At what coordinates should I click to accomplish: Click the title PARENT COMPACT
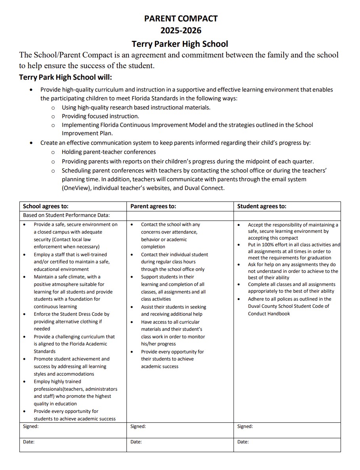click(180, 18)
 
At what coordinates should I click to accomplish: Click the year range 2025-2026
click(180, 31)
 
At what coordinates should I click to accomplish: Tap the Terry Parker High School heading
click(180, 43)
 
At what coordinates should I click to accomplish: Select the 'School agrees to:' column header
click(46, 206)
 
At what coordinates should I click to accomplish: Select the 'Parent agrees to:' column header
click(153, 206)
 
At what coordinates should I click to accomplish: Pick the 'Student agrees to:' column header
click(261, 206)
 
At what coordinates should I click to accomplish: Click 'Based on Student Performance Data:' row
click(66, 215)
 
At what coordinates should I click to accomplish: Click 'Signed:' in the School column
click(31, 426)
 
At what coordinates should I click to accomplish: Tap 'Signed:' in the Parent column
click(138, 426)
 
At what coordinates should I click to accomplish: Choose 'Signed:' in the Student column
click(245, 426)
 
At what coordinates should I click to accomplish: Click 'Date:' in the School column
click(29, 442)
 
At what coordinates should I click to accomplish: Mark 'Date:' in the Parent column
click(136, 442)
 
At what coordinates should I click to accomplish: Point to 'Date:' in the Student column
click(243, 442)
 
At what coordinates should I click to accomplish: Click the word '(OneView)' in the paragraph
click(76, 188)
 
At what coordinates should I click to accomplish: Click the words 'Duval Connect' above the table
click(204, 188)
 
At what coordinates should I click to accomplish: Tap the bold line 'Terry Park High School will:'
click(68, 77)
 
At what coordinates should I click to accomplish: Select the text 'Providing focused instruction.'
click(100, 116)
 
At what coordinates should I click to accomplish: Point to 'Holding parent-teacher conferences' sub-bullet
click(109, 152)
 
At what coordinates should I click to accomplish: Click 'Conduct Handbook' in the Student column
click(269, 314)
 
